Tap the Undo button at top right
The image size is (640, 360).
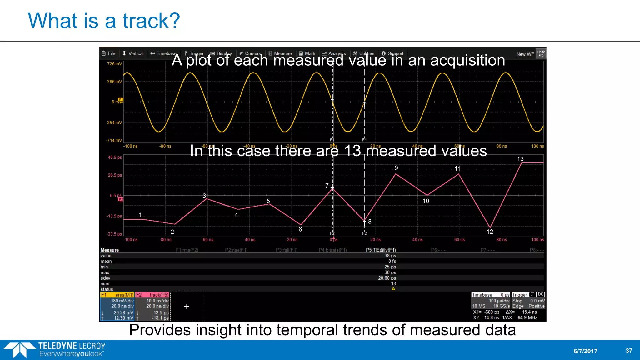(x=541, y=53)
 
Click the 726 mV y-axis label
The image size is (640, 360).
(x=114, y=64)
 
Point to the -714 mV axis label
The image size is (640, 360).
(x=114, y=141)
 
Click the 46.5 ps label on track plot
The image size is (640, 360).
(x=115, y=157)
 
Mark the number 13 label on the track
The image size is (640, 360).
(x=520, y=159)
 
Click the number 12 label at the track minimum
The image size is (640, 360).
(x=490, y=232)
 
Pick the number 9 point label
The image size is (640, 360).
(x=396, y=168)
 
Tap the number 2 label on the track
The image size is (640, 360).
(x=172, y=232)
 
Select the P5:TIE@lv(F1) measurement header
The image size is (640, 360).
(x=381, y=250)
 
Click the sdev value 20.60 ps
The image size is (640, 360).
(x=387, y=278)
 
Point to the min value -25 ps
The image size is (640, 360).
(x=389, y=267)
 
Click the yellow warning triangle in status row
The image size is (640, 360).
(x=393, y=289)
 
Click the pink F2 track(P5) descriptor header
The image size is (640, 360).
(x=152, y=295)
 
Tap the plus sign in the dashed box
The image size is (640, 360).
(x=187, y=307)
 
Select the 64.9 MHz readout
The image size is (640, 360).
(x=527, y=318)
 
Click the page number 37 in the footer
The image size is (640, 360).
(x=629, y=351)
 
